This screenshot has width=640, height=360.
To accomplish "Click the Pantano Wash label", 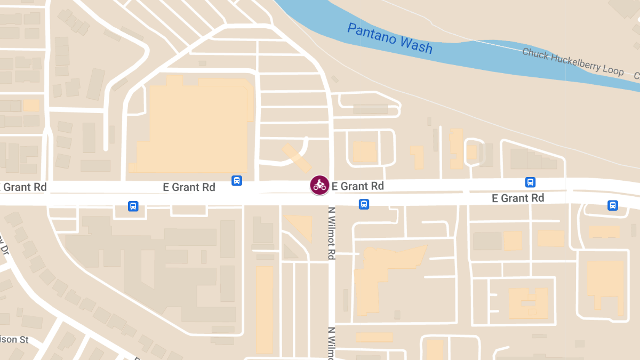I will coord(390,38).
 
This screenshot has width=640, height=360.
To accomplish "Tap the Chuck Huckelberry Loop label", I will coord(572,61).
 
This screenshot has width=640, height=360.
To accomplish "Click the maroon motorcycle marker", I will coord(319,185).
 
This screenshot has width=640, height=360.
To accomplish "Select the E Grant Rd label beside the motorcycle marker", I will coord(357,186).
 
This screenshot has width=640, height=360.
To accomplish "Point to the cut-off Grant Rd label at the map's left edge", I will coord(24,187).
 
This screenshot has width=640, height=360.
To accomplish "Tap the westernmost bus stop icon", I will coord(133,206).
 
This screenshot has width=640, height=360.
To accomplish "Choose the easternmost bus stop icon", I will coord(613,205).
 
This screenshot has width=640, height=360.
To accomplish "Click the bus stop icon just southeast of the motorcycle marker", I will coord(364,204).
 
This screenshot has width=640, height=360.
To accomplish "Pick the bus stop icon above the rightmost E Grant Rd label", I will coord(530,182).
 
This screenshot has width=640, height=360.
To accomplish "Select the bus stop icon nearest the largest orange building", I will coord(237,181).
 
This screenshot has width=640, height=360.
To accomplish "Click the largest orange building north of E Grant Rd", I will coord(192,128).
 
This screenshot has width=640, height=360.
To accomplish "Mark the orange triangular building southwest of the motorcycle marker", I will coord(301,225).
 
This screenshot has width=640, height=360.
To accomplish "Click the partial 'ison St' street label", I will coord(14,339).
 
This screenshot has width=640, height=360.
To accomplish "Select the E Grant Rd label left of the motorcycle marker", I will coord(189,187).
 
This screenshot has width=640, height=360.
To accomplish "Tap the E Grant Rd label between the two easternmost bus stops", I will coord(518,198).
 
